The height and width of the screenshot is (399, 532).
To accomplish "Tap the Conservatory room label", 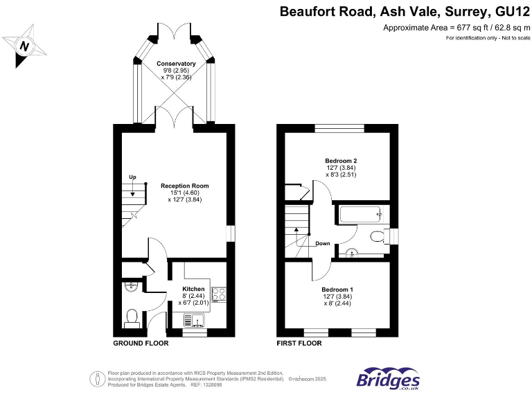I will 176,64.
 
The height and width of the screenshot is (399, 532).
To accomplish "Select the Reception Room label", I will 185,186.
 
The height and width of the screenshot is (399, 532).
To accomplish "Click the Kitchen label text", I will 193,288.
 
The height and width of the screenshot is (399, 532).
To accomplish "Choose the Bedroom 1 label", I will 337,290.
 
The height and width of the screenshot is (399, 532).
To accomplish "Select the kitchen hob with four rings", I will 219,294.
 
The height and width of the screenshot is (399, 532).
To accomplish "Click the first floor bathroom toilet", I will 378,237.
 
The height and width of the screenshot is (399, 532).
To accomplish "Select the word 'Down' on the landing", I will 323,243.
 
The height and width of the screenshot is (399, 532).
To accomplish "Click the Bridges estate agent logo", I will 388,379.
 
